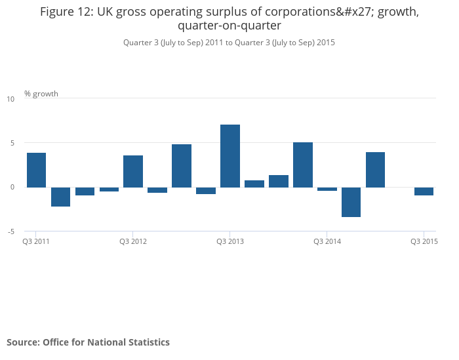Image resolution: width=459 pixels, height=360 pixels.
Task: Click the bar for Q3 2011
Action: [x=36, y=170]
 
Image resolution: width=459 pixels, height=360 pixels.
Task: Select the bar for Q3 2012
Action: [x=133, y=171]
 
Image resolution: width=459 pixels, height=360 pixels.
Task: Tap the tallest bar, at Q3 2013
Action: [x=230, y=156]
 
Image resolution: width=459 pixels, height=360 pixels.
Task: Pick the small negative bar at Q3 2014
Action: [x=327, y=189]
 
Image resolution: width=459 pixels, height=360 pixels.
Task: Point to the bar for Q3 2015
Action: [x=424, y=191]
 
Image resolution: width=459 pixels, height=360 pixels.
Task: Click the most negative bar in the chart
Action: [x=351, y=202]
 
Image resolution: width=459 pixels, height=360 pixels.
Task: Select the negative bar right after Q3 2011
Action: [x=60, y=197]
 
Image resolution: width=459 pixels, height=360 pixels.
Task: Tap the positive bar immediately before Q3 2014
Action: [x=303, y=165]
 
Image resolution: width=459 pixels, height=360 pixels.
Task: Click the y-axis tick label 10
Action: [x=10, y=99]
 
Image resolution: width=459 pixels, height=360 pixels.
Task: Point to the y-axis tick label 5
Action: [x=10, y=143]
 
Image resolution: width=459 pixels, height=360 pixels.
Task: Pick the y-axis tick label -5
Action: [x=10, y=231]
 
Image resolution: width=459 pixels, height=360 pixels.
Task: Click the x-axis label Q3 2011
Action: [x=36, y=241]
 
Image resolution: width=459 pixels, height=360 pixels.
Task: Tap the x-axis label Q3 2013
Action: [x=230, y=241]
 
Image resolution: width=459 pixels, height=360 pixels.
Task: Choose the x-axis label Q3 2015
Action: [x=424, y=241]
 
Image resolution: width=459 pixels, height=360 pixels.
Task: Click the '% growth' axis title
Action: [x=41, y=94]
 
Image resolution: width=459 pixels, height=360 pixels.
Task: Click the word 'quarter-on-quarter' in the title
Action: [x=229, y=26]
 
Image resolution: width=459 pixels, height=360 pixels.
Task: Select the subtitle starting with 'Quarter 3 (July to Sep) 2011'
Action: [x=229, y=42]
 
